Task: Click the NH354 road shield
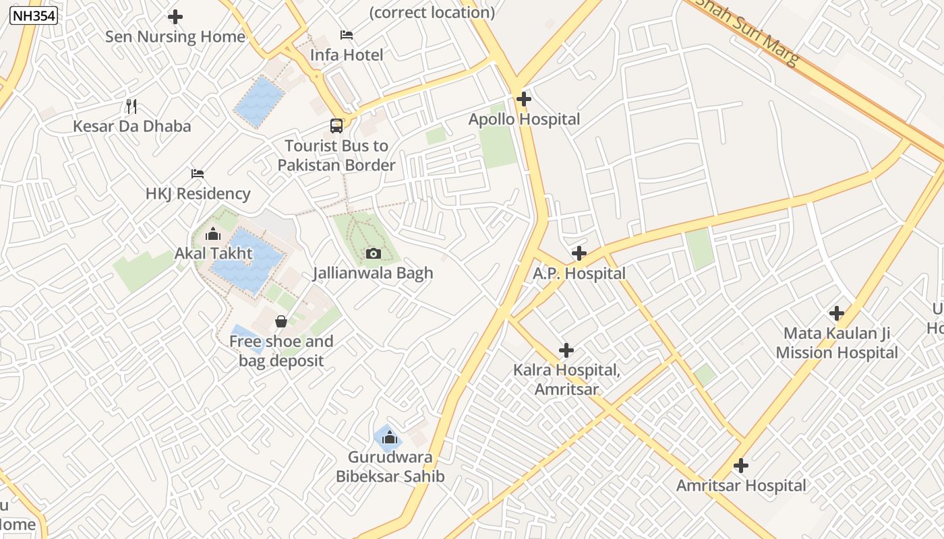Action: [34, 15]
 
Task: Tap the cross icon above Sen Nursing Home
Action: [175, 17]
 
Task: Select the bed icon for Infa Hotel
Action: [347, 35]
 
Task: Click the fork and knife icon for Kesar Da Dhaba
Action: [131, 106]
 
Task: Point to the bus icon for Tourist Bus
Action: [336, 125]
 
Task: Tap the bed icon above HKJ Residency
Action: [198, 173]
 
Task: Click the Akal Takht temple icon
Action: [213, 234]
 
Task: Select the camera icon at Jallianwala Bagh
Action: [373, 253]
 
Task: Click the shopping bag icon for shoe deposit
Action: [281, 321]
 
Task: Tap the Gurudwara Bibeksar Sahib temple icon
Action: [389, 439]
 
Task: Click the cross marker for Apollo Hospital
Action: [524, 99]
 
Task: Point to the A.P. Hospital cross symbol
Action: [579, 253]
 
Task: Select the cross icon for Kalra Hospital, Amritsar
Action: [566, 350]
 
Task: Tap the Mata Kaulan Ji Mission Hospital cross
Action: [837, 313]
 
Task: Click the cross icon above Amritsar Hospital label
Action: [741, 466]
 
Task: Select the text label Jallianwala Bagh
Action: [373, 274]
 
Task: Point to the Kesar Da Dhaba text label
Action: [132, 127]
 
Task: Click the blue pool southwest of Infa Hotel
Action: [259, 102]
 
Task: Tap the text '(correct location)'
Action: [432, 12]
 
